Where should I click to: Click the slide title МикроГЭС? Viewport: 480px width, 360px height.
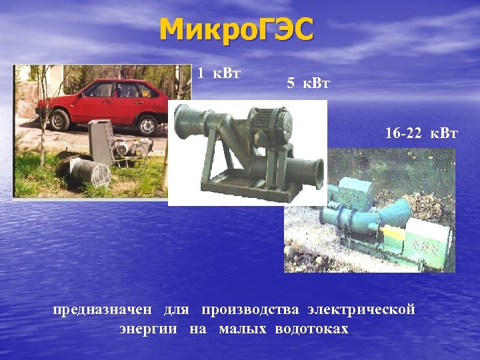237,31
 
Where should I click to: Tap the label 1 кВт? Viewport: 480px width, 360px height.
219,73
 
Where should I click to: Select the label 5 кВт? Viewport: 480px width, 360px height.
308,83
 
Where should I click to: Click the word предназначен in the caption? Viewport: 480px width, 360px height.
105,309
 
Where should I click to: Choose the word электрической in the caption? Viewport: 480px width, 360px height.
361,309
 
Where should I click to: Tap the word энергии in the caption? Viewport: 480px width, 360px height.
148,329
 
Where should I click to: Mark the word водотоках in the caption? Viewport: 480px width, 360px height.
311,329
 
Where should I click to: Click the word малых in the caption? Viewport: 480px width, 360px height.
243,329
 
